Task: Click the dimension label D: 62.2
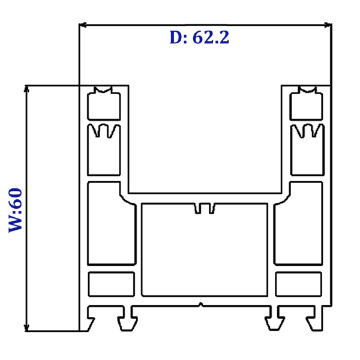coord(199,37)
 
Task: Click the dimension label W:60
coord(16,211)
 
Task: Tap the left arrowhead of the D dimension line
coord(83,25)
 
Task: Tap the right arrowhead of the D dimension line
coord(328,25)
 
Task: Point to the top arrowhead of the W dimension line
coord(26,89)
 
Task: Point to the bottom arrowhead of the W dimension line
coord(26,328)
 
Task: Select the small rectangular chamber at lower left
coord(112,284)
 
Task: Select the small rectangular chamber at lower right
coord(298,284)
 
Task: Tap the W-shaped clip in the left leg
coord(104,130)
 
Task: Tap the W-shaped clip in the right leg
coord(307,130)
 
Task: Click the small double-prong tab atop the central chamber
coord(205,208)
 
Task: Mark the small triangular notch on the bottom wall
coord(201,305)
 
